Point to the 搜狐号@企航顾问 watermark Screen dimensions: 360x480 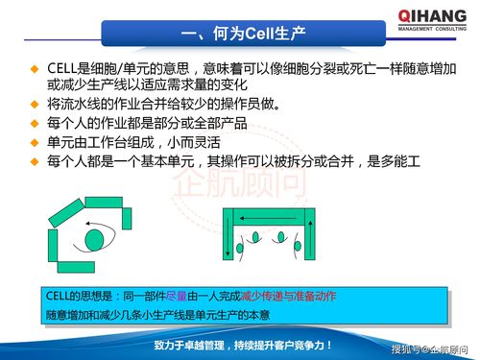click(x=431, y=348)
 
